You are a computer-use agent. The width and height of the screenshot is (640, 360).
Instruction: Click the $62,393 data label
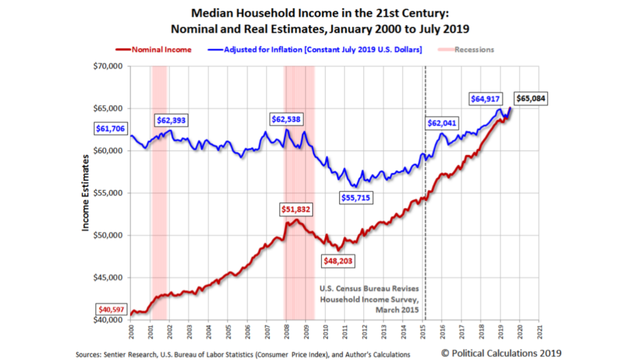tap(171, 120)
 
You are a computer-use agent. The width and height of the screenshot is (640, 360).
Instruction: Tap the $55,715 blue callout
tap(355, 198)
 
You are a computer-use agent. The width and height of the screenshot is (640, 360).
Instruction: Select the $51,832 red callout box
tap(296, 209)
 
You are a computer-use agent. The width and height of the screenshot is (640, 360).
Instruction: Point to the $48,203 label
tap(338, 261)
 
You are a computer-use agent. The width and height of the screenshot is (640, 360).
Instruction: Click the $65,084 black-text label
tap(530, 99)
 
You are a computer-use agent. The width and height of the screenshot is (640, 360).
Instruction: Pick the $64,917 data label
tap(485, 99)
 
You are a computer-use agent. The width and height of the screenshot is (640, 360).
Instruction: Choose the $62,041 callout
tap(442, 123)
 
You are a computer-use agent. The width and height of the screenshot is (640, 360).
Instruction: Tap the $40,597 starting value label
tap(111, 310)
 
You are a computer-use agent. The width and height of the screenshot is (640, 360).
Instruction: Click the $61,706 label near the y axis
tap(110, 129)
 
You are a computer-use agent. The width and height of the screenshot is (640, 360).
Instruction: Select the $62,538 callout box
tap(286, 120)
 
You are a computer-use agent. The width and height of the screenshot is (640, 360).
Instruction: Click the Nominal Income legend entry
tap(161, 50)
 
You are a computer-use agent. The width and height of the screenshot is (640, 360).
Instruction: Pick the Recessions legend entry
tap(474, 50)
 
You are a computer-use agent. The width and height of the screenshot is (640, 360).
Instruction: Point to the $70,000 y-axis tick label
tap(108, 66)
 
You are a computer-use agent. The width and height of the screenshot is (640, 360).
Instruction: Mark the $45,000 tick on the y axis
tap(108, 277)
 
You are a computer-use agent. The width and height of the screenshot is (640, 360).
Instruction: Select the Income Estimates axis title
tap(85, 193)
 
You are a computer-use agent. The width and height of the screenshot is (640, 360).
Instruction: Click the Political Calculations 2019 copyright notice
tap(501, 353)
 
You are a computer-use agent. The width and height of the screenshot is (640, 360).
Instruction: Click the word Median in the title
tap(212, 13)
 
